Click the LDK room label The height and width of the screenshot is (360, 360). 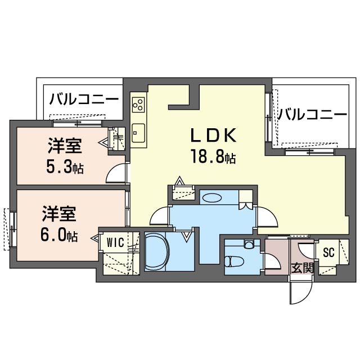pos(213,135)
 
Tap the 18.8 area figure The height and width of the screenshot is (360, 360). pos(213,156)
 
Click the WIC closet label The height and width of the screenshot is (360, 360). pos(116,242)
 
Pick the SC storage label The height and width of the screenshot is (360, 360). pos(328,253)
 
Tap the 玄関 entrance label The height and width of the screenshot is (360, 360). pos(302,268)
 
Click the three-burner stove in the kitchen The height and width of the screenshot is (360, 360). pos(138,105)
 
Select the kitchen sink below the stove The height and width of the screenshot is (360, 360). pos(138,133)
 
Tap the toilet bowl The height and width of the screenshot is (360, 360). pos(232,262)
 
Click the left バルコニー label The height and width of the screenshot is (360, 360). pos(84,99)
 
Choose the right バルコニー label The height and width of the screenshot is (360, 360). pos(312,114)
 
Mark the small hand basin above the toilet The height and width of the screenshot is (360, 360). pos(248,244)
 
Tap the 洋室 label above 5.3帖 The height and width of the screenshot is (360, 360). pos(65,146)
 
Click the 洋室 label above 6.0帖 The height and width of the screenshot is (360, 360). pos(59,214)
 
